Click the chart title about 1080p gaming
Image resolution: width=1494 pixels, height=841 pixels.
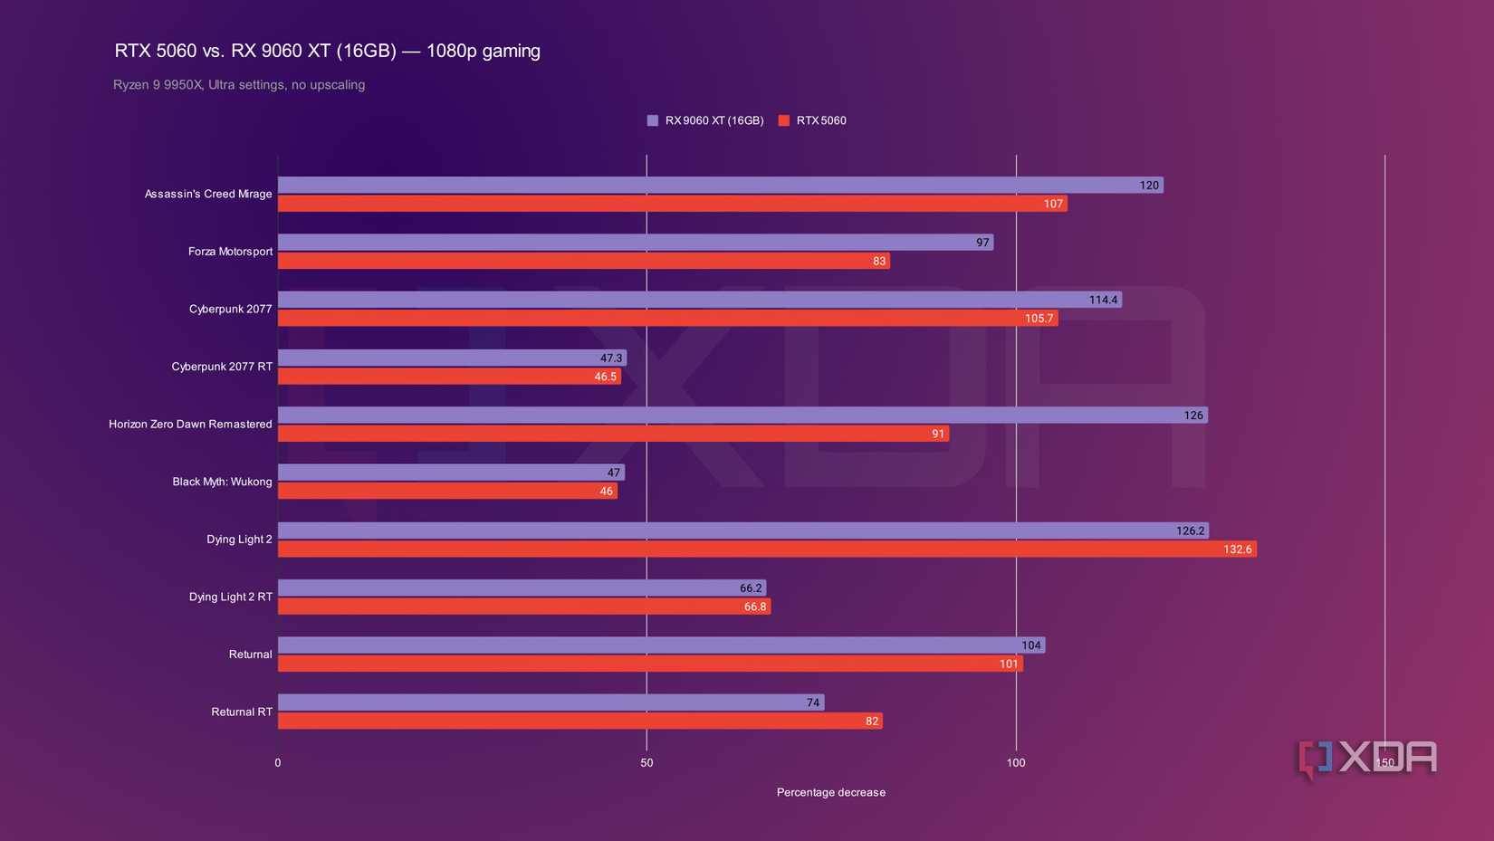pyautogui.click(x=327, y=51)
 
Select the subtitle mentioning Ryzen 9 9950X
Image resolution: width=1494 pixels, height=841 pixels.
pyautogui.click(x=239, y=85)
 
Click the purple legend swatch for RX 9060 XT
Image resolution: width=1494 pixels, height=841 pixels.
pyautogui.click(x=652, y=120)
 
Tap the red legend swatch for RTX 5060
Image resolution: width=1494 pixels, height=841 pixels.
pyautogui.click(x=784, y=120)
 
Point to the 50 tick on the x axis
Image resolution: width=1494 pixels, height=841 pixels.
pyautogui.click(x=646, y=763)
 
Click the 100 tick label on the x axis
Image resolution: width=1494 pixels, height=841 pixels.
pyautogui.click(x=1016, y=763)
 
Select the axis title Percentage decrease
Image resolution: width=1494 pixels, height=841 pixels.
pyautogui.click(x=830, y=792)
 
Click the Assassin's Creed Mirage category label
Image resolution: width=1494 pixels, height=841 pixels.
pyautogui.click(x=208, y=194)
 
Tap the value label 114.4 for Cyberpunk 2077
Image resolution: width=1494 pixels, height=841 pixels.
pyautogui.click(x=1103, y=300)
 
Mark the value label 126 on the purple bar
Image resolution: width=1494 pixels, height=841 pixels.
pyautogui.click(x=1193, y=416)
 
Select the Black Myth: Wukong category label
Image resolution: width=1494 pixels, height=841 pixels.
pyautogui.click(x=222, y=482)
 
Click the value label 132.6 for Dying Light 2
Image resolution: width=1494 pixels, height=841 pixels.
pyautogui.click(x=1237, y=550)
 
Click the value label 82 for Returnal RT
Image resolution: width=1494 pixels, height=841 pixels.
pyautogui.click(x=871, y=722)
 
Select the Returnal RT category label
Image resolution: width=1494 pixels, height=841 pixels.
pyautogui.click(x=242, y=712)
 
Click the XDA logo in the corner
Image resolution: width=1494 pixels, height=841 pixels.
pyautogui.click(x=1367, y=759)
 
